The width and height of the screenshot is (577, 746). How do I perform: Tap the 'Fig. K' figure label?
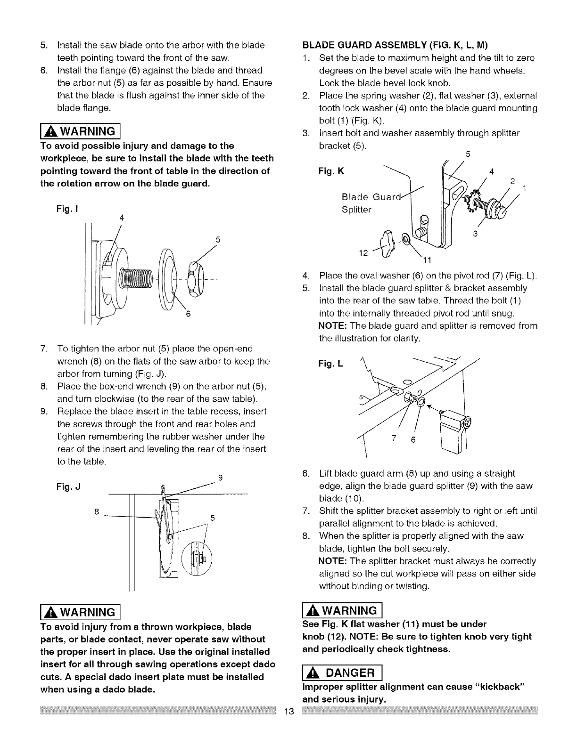click(x=331, y=171)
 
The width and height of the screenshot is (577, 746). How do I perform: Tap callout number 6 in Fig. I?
click(x=188, y=314)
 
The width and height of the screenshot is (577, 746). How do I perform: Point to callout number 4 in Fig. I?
click(x=122, y=218)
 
